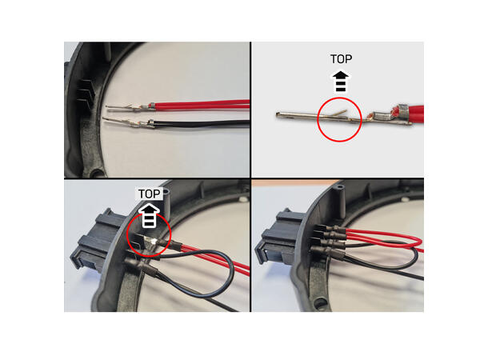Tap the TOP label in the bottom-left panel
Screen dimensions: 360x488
pyautogui.click(x=150, y=194)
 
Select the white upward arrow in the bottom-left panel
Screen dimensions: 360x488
pyautogui.click(x=150, y=215)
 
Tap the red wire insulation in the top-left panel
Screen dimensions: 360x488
pyautogui.click(x=200, y=103)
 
